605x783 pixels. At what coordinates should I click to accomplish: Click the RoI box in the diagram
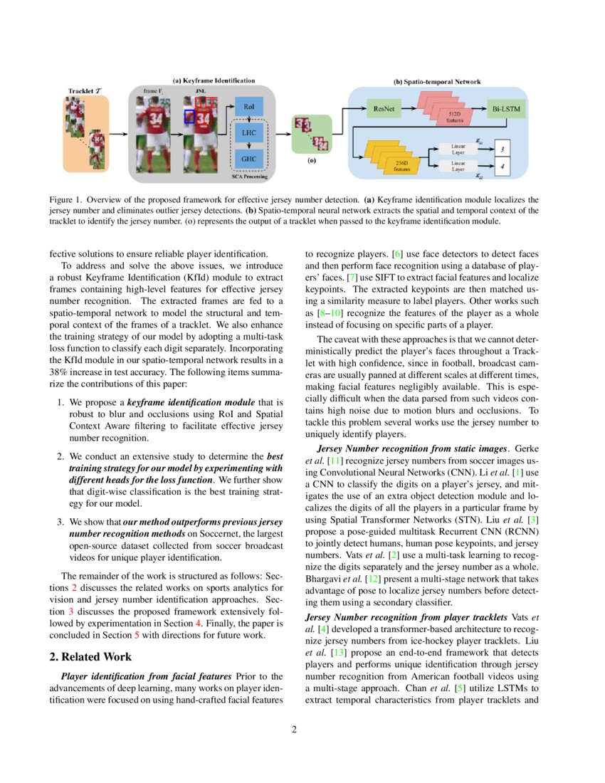click(248, 107)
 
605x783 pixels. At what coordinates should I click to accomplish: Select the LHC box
click(248, 133)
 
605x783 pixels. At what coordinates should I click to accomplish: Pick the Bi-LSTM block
click(505, 110)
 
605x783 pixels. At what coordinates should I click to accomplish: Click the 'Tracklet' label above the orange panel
click(85, 90)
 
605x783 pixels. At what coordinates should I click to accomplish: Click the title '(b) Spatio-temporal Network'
click(437, 82)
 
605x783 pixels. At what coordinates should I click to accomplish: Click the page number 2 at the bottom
click(302, 729)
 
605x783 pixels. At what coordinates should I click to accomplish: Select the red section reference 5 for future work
click(137, 635)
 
